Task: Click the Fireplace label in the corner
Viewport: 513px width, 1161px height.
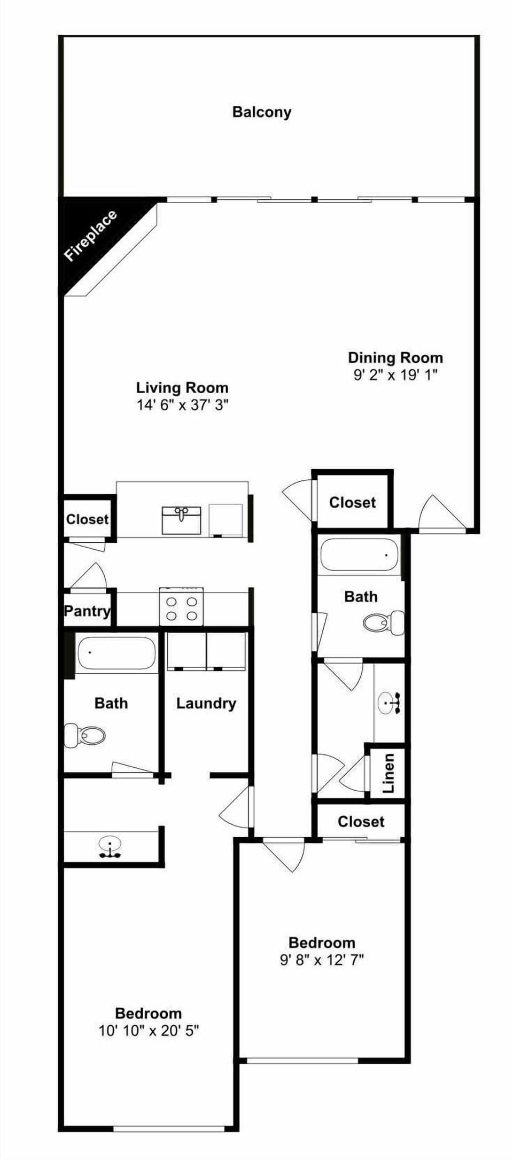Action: pyautogui.click(x=90, y=236)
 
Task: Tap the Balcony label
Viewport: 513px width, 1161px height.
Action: pyautogui.click(x=262, y=112)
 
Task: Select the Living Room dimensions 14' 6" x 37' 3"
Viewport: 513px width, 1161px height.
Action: pyautogui.click(x=182, y=405)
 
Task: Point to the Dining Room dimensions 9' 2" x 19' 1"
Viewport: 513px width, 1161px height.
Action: pyautogui.click(x=395, y=375)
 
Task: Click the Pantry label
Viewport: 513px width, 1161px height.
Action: pyautogui.click(x=87, y=611)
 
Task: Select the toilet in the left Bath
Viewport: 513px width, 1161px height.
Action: pyautogui.click(x=85, y=735)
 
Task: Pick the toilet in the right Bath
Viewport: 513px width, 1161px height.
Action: pyautogui.click(x=383, y=622)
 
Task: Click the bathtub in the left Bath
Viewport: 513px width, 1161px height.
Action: pyautogui.click(x=116, y=652)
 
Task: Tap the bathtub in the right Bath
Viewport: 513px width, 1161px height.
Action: pyautogui.click(x=359, y=555)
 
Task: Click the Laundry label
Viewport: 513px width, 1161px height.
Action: pyautogui.click(x=206, y=703)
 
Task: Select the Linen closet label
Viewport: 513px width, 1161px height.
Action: pyautogui.click(x=388, y=773)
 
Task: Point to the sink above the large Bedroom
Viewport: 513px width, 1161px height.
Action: pyautogui.click(x=110, y=846)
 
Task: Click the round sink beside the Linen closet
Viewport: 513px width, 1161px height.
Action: pyautogui.click(x=389, y=703)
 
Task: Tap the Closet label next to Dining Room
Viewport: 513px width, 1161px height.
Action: pyautogui.click(x=352, y=502)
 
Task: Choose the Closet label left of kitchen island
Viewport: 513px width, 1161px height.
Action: pyautogui.click(x=87, y=519)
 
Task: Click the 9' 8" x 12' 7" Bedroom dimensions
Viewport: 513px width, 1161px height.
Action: pyautogui.click(x=322, y=960)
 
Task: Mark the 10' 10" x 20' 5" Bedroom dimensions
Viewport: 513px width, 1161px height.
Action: pyautogui.click(x=149, y=1031)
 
